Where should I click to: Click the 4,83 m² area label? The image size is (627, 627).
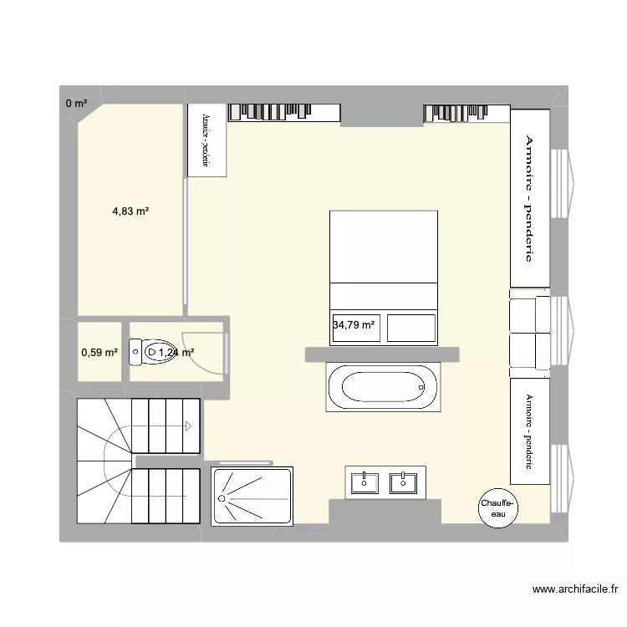(x=130, y=212)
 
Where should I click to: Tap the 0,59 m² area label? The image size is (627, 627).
(x=99, y=353)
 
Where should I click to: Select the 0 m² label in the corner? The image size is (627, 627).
(x=76, y=104)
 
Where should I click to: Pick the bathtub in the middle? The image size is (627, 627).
(x=383, y=387)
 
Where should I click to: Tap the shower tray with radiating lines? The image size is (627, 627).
(x=253, y=497)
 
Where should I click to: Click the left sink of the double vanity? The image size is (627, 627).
(x=365, y=482)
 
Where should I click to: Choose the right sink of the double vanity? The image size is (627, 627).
(x=404, y=482)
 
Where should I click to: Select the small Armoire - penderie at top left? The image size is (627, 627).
(x=206, y=140)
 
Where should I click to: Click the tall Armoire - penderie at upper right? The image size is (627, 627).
(x=528, y=197)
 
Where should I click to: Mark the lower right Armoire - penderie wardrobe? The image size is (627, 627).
(x=528, y=430)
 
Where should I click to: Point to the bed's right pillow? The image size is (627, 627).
(x=410, y=327)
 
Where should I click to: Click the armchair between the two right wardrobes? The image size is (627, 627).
(x=529, y=331)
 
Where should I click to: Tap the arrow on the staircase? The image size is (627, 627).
(x=189, y=426)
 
